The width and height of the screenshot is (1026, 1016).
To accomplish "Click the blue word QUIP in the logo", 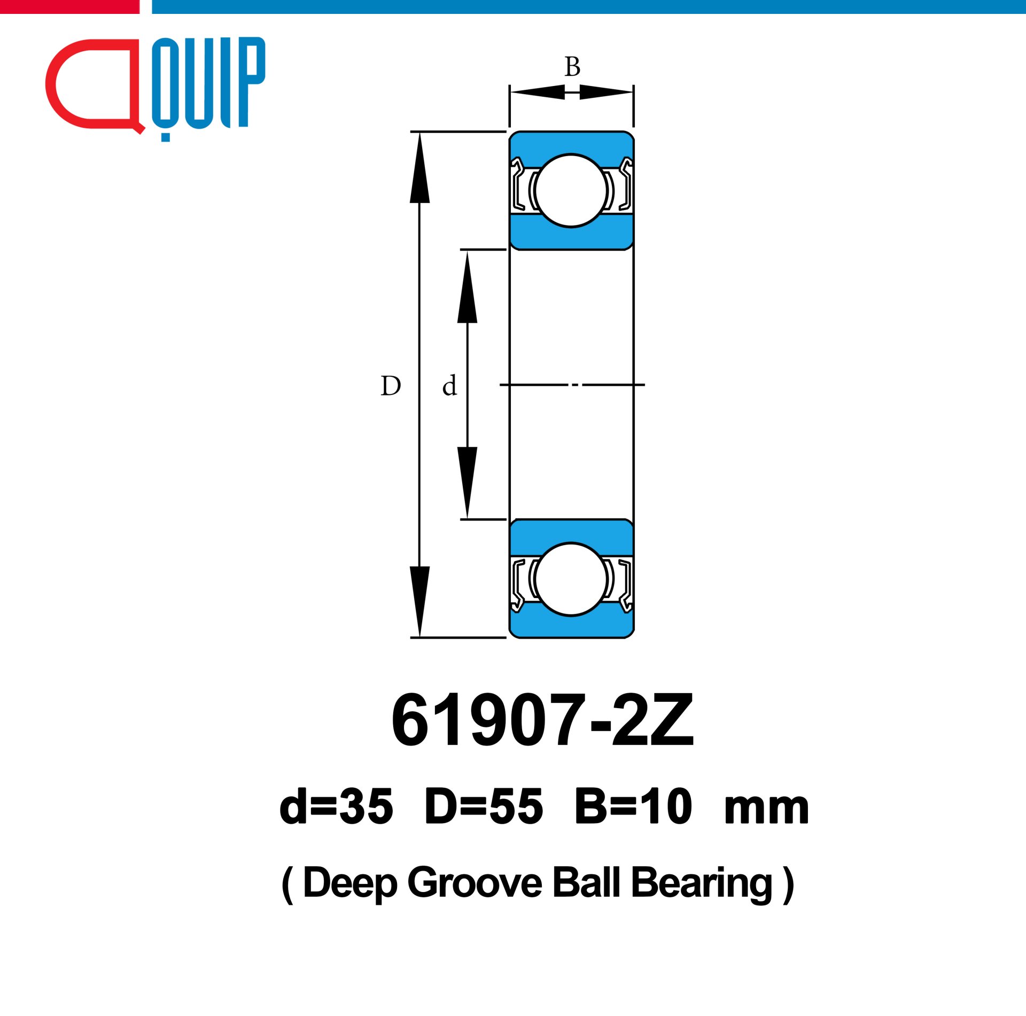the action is pos(209,83).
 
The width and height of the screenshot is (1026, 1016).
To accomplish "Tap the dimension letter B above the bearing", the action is pos(572,67).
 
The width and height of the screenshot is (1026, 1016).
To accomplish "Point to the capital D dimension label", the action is pos(391,385).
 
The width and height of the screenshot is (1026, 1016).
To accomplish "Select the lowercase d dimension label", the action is pos(449,385).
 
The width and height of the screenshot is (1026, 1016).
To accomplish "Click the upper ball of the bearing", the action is pos(571,191).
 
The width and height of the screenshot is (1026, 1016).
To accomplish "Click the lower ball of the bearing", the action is pos(571,579).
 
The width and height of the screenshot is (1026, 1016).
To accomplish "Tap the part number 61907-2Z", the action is pos(542,720).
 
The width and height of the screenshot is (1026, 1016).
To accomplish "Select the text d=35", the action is pos(336,806).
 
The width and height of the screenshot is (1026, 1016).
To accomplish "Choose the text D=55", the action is pos(484,806).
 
